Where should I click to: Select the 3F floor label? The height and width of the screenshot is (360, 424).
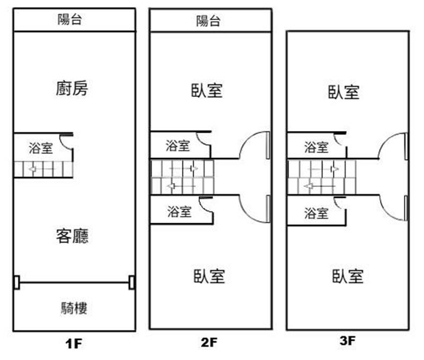[x=347, y=342]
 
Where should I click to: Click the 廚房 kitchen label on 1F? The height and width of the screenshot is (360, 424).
[x=72, y=89]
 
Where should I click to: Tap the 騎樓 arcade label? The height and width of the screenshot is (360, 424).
[x=74, y=307]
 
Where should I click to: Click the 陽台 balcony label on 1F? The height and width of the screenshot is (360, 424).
[x=70, y=20]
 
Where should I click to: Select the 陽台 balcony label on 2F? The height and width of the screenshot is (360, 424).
[x=208, y=21]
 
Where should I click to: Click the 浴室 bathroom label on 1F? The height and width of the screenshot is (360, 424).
[x=41, y=148]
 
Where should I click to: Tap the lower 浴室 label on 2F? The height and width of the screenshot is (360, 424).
[x=179, y=213]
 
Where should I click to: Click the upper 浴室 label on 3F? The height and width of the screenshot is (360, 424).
[x=316, y=147]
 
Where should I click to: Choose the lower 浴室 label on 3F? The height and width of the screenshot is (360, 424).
[x=316, y=214]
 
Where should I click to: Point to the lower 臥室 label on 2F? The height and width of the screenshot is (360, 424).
[x=209, y=276]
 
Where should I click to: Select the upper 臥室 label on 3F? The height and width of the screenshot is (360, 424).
[x=344, y=92]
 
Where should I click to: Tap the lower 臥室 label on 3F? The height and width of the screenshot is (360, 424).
[x=348, y=276]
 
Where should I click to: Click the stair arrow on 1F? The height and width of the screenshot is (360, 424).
[x=33, y=170]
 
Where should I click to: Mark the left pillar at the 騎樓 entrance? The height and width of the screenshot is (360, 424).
[x=16, y=283]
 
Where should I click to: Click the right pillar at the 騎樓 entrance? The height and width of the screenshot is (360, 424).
[x=131, y=283]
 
